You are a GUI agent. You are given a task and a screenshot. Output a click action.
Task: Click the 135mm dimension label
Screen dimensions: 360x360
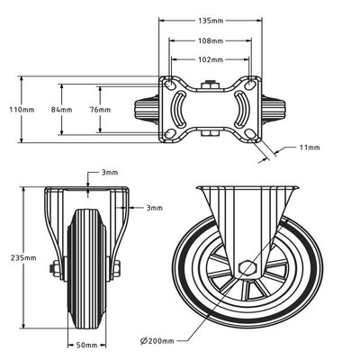[x=211, y=20]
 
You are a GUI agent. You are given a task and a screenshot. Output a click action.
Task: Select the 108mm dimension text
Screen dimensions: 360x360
[x=211, y=41]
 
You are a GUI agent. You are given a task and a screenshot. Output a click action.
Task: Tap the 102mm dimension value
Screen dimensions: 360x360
[x=211, y=61]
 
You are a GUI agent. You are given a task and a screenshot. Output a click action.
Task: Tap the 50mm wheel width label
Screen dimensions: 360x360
[x=87, y=345]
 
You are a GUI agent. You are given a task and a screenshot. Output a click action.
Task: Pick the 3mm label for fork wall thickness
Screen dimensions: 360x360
[x=152, y=207]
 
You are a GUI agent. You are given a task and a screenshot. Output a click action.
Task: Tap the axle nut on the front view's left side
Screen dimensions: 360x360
[x=55, y=266]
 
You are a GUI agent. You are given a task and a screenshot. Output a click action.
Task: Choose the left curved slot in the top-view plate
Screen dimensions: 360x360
[x=183, y=109]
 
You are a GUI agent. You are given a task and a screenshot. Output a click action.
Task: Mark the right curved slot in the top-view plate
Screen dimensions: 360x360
[x=239, y=109]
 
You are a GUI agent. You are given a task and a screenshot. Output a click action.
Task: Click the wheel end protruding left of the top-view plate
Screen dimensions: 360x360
[x=147, y=109]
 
